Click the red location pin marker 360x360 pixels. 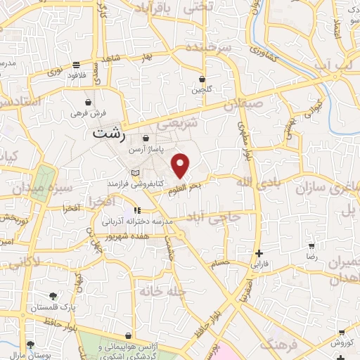pos(181,166)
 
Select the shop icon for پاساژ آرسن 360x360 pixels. pos(146,139)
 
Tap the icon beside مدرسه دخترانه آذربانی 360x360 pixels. pos(138,210)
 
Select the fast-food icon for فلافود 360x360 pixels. pos(75,65)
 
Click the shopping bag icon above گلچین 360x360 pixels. pos(202,79)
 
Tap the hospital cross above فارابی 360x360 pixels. pos(259,253)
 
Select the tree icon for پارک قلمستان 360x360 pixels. pos(53,295)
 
